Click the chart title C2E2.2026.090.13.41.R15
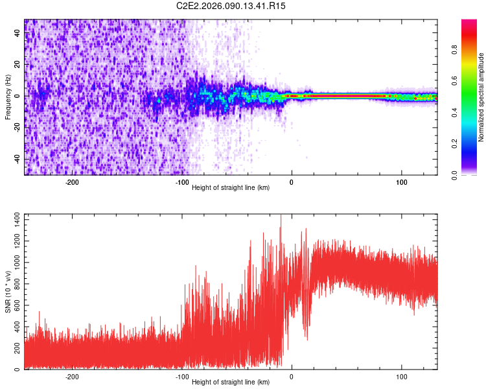tap(231, 6)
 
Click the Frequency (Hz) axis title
tap(8, 97)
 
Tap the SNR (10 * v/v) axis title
tap(8, 291)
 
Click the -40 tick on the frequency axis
tap(17, 159)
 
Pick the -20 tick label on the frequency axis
tap(17, 128)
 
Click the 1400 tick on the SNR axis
tap(14, 222)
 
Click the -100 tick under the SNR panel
tap(181, 376)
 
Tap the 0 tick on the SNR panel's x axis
tap(292, 376)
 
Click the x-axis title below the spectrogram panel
tap(231, 188)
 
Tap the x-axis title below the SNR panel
tap(231, 383)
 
